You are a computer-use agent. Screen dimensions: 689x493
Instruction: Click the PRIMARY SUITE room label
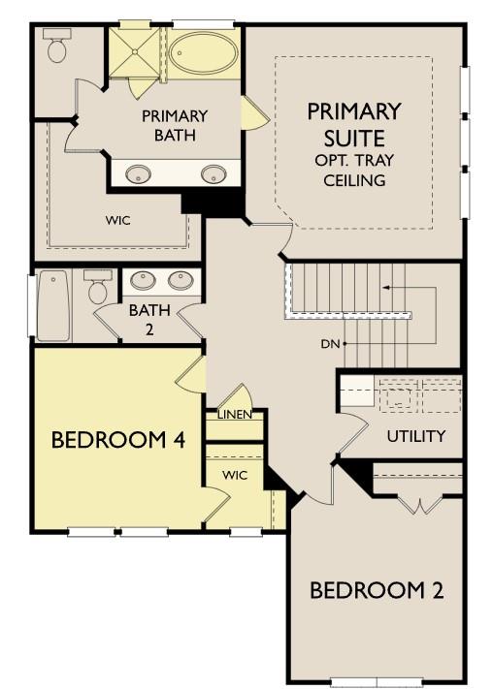click(354, 123)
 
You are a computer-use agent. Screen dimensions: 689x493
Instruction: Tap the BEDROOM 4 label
click(117, 440)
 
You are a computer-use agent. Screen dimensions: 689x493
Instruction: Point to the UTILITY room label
click(415, 436)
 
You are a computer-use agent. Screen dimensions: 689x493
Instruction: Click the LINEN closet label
click(234, 415)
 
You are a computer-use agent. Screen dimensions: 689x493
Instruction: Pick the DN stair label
click(329, 344)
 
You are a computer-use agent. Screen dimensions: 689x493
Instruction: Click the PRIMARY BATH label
click(175, 125)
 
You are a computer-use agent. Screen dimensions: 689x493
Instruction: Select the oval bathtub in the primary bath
click(205, 53)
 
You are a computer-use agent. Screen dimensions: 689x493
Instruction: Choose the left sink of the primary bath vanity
click(140, 174)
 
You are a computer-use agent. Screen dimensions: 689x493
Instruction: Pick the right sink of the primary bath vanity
click(214, 174)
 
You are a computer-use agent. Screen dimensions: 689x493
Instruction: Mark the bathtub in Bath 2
click(53, 305)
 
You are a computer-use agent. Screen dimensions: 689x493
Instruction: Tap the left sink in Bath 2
click(143, 281)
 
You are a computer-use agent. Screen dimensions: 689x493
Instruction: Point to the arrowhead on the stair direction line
click(385, 288)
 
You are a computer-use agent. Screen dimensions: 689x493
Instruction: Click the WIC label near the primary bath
click(118, 220)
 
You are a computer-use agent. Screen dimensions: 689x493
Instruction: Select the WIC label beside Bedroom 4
click(235, 476)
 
